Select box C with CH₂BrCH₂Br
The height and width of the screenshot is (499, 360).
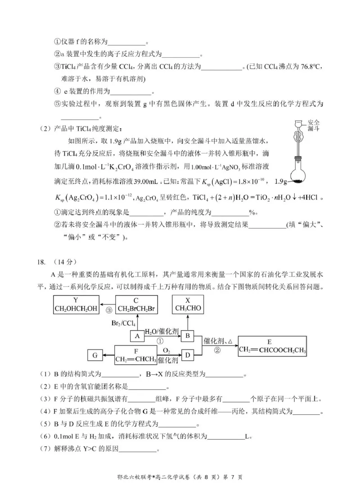pos(135,305)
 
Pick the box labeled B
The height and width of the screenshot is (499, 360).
pos(188,336)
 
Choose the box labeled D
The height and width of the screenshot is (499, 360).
pos(188,356)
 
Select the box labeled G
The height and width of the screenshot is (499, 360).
pos(95,356)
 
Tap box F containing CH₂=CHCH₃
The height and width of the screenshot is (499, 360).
pos(135,355)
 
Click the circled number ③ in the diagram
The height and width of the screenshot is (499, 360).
pos(108,310)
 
